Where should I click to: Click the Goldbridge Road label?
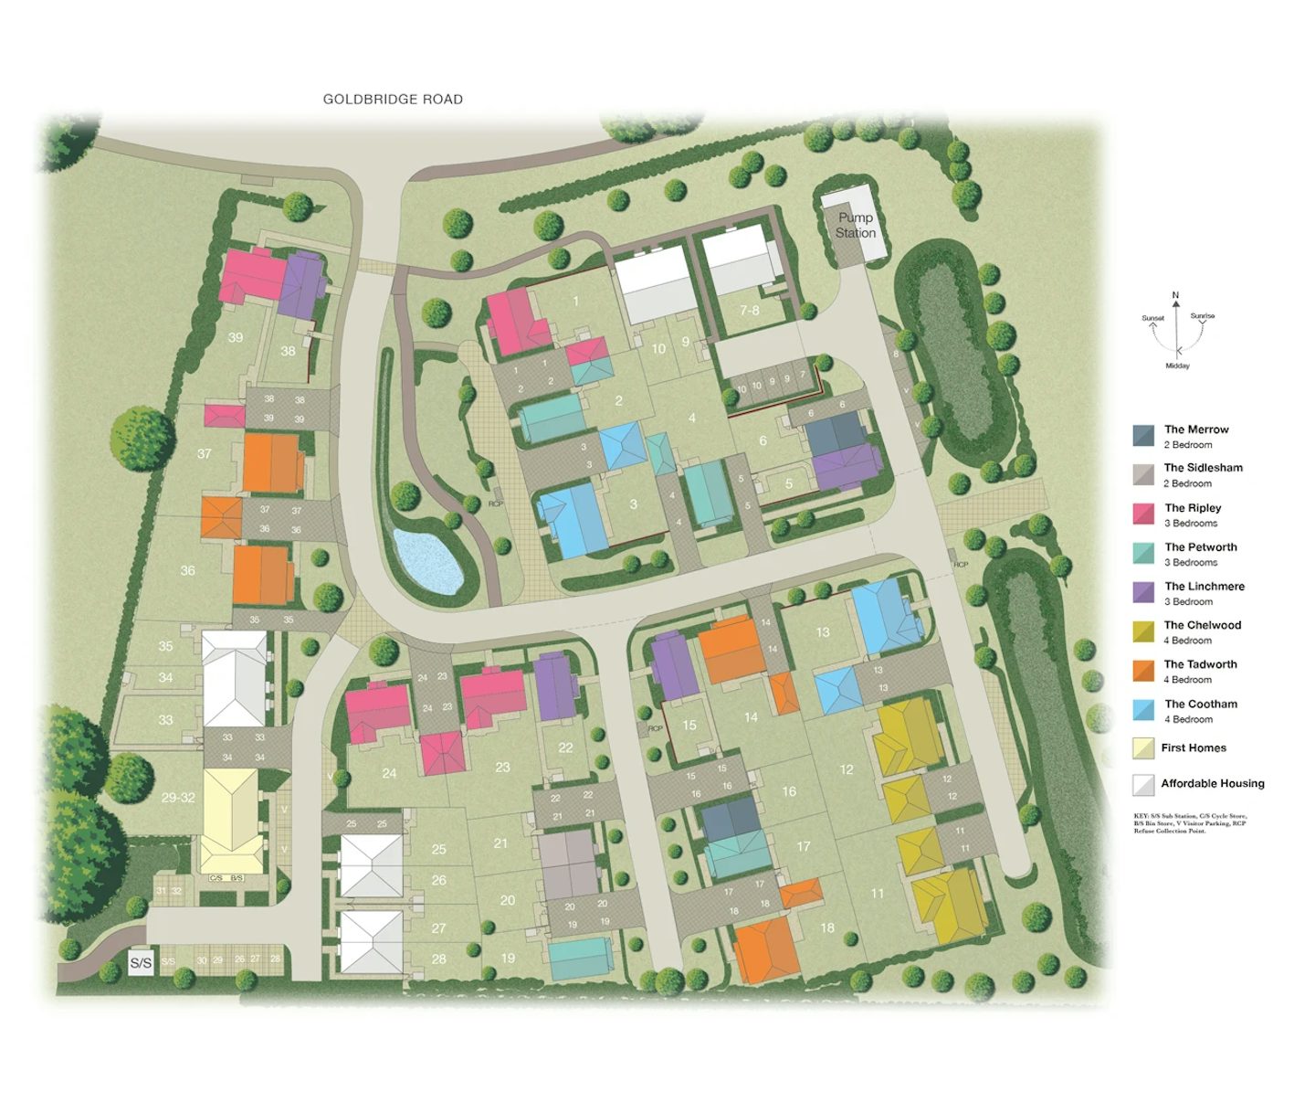(x=393, y=99)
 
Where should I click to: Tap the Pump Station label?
(x=856, y=225)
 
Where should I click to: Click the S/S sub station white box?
(x=141, y=963)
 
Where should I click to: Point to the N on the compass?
(x=1175, y=295)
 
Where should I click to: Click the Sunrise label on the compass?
(x=1203, y=316)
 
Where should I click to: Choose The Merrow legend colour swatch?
(x=1143, y=436)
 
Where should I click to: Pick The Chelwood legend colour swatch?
(x=1143, y=631)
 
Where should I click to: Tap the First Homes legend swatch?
(x=1143, y=748)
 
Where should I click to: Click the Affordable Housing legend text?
(x=1213, y=783)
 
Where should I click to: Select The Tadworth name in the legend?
(x=1200, y=664)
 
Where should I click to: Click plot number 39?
(x=236, y=337)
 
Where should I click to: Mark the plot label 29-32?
(x=178, y=797)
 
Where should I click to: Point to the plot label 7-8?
(x=750, y=311)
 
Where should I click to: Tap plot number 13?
(x=823, y=631)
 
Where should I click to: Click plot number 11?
(x=877, y=893)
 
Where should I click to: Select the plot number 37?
(x=204, y=453)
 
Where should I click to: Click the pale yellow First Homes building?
(x=230, y=820)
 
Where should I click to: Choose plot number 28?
(x=438, y=959)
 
